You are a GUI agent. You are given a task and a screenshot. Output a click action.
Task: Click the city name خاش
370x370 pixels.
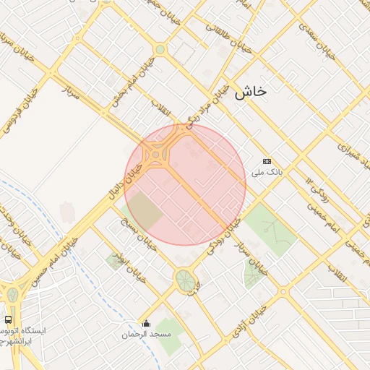[x=251, y=92]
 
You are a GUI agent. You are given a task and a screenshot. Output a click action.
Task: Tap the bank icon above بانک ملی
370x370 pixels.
[x=267, y=161]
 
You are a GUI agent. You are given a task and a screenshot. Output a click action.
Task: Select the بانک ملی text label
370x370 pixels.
[x=265, y=173]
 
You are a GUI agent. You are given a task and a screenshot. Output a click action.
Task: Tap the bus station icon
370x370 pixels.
[x=8, y=319]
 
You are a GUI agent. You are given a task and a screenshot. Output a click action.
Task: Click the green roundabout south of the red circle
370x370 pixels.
[x=185, y=279]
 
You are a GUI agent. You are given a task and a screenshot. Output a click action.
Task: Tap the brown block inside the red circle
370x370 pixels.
[x=146, y=209]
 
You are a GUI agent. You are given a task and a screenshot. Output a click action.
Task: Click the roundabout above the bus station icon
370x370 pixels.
[x=12, y=294]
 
